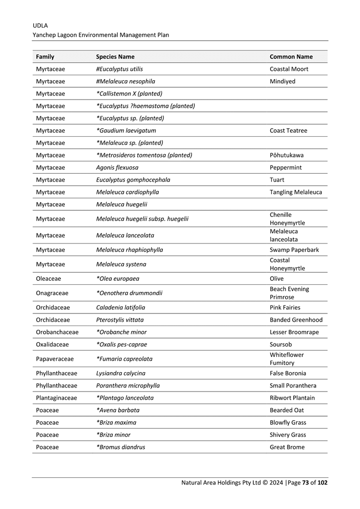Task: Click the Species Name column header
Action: click(x=115, y=57)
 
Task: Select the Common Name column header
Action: click(x=291, y=57)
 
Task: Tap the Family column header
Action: click(x=45, y=57)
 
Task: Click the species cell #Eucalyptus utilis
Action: click(x=119, y=69)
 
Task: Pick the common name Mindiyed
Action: click(x=282, y=81)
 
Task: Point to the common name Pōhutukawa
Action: click(x=285, y=155)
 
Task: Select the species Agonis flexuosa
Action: click(x=117, y=167)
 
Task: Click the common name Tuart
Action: click(x=277, y=180)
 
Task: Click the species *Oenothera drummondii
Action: click(x=129, y=293)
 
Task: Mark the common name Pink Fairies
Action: click(x=285, y=307)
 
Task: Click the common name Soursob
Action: click(x=281, y=345)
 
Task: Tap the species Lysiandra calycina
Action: click(x=121, y=373)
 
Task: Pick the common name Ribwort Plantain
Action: click(x=292, y=398)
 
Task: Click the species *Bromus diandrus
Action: click(x=121, y=447)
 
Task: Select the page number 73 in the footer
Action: click(x=304, y=482)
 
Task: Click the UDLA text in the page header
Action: click(x=40, y=25)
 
